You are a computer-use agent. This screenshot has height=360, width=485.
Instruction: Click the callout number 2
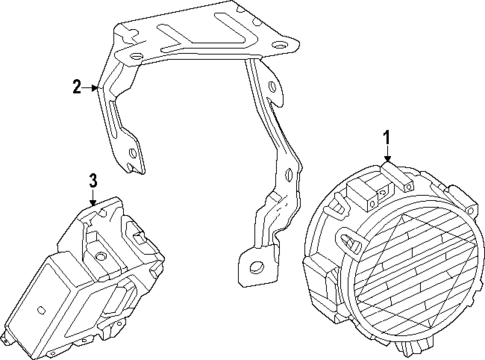point(75,88)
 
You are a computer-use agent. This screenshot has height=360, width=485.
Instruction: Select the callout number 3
point(92,181)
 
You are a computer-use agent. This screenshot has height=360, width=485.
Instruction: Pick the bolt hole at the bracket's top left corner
point(124,35)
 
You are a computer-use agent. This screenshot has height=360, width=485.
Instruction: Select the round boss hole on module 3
point(101,255)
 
